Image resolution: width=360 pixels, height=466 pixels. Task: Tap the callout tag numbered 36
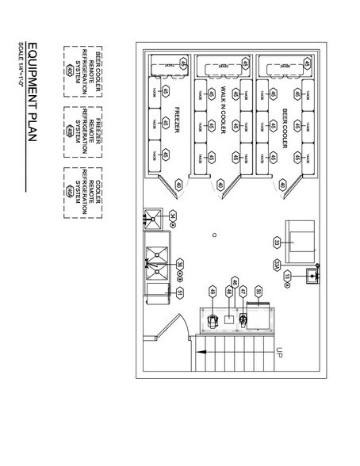[x=180, y=265]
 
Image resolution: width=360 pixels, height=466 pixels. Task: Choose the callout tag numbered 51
[x=181, y=293]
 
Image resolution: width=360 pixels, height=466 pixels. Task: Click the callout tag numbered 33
[x=277, y=243]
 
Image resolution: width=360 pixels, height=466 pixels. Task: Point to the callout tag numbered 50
[x=259, y=294]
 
